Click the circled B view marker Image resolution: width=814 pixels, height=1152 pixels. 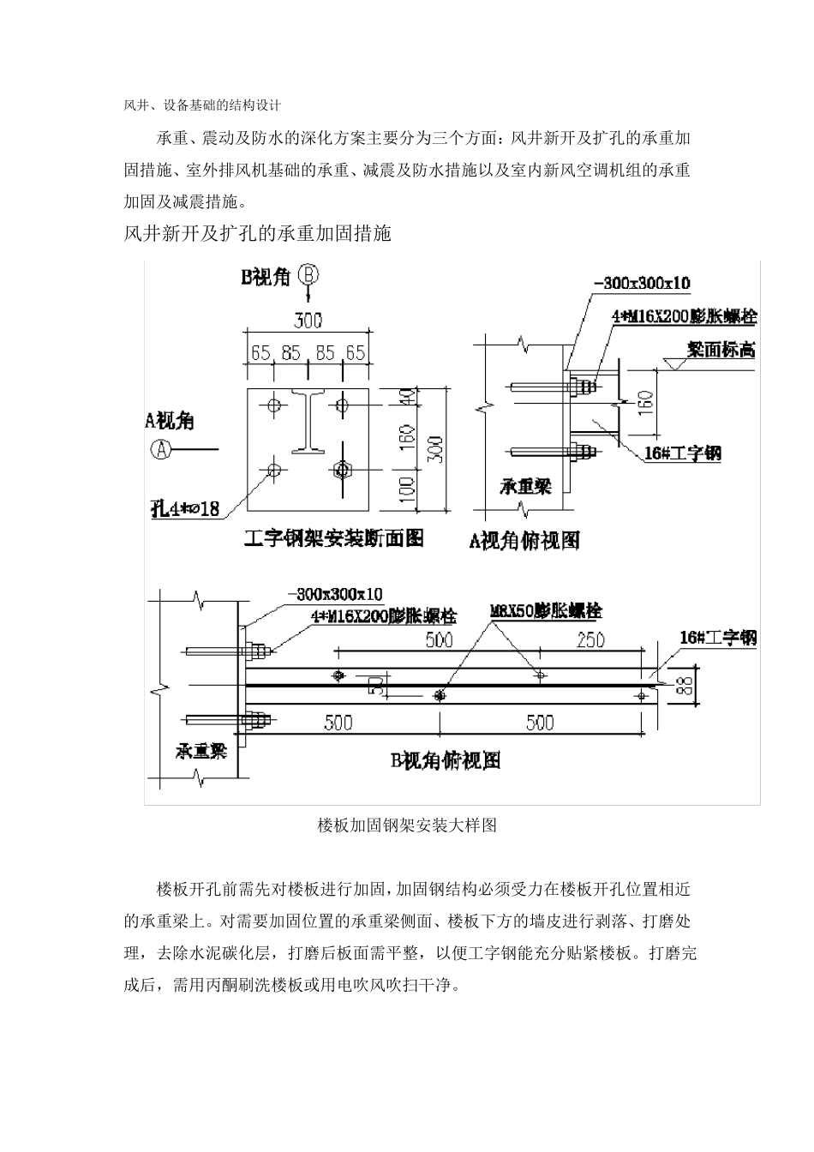click(x=309, y=276)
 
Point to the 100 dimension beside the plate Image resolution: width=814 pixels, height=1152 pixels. click(x=408, y=490)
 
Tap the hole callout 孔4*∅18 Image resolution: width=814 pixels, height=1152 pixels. click(x=185, y=508)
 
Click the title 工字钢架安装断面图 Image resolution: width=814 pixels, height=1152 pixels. click(x=334, y=537)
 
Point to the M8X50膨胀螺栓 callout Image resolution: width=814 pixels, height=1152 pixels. click(x=545, y=611)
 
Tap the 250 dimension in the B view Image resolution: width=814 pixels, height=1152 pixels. click(x=590, y=639)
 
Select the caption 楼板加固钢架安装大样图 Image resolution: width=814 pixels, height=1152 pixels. click(x=407, y=825)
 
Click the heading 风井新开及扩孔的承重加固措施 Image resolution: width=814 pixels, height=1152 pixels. click(x=258, y=233)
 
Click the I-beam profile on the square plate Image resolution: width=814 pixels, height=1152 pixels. click(x=308, y=421)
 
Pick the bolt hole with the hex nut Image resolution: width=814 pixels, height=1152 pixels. click(x=342, y=469)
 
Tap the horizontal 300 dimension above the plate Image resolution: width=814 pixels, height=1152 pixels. click(x=308, y=321)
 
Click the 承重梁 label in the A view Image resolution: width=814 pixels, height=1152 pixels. click(x=525, y=486)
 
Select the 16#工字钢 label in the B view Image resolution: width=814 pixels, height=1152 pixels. click(x=717, y=637)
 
